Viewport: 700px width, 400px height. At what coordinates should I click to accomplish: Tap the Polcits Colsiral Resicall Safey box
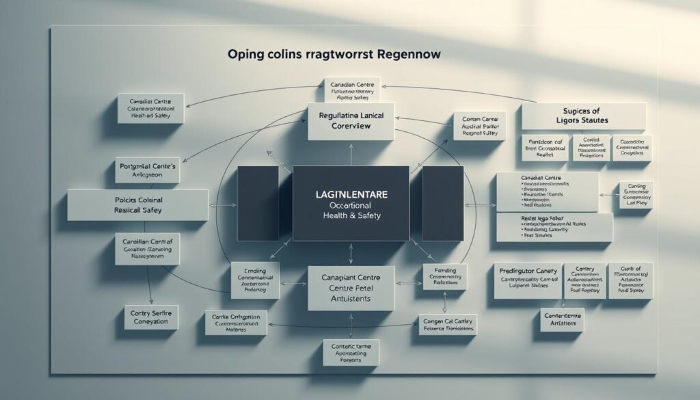pos(137,205)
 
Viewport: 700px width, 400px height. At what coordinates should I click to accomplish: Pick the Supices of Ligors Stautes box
pos(583,116)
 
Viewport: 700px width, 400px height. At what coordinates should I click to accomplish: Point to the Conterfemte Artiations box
pos(562,319)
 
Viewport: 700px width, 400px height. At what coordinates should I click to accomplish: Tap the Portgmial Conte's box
pos(147,171)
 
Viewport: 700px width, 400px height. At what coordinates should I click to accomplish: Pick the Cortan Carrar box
pos(479,126)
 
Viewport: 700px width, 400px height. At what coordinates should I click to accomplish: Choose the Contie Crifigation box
pos(235,322)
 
